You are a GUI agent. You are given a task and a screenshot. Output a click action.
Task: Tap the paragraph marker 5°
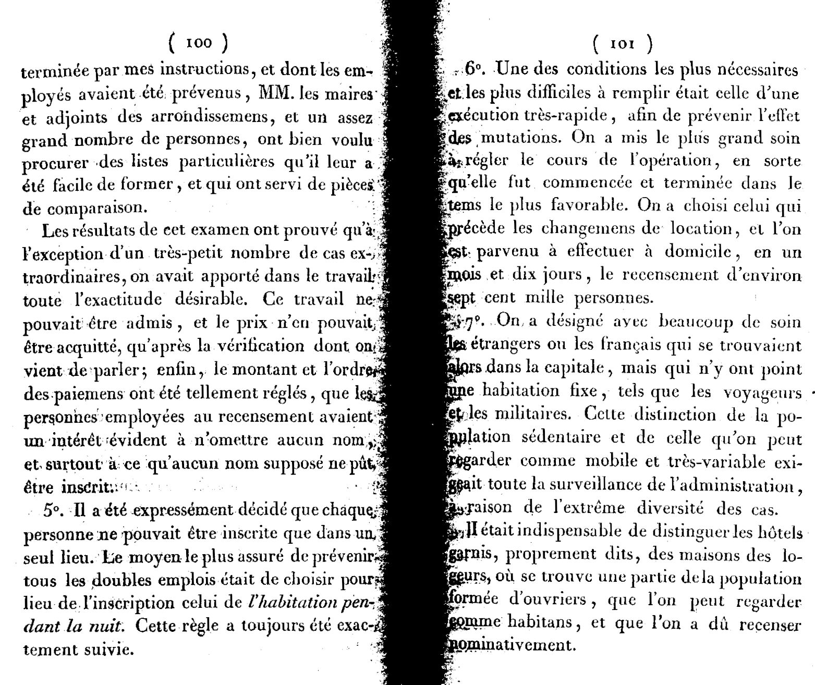(x=54, y=511)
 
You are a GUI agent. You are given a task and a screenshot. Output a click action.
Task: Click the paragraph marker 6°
(x=472, y=68)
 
